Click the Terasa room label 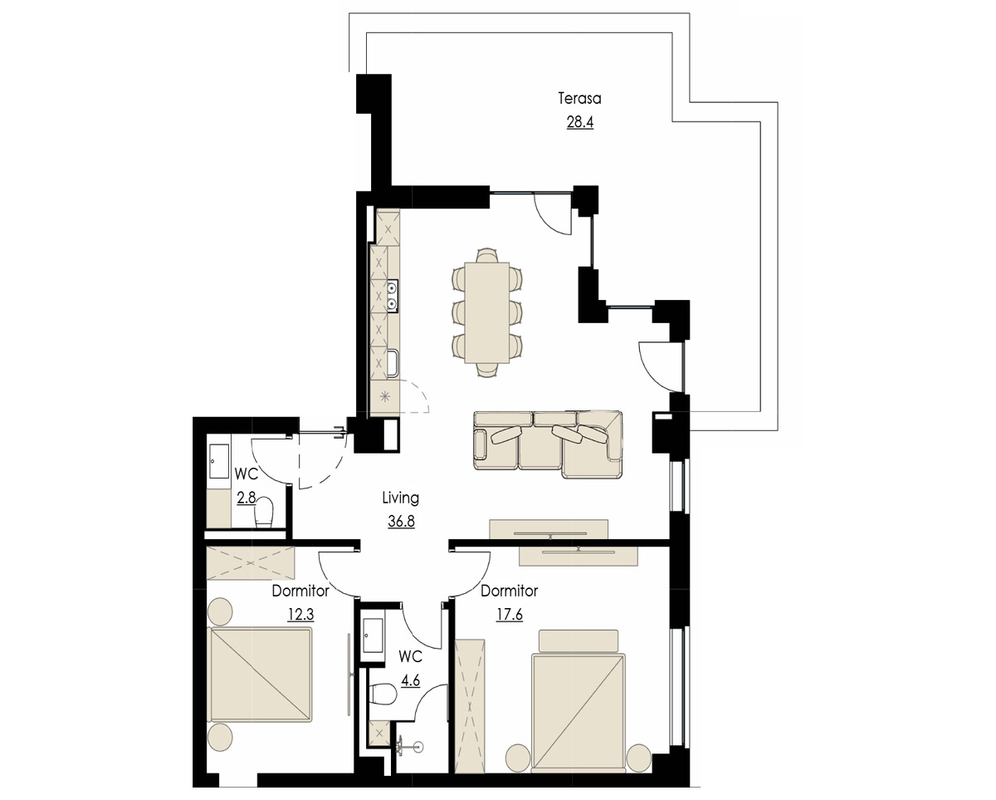point(579,99)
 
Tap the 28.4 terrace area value point(580,122)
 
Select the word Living point(401,498)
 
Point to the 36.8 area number point(401,521)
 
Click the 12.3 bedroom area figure point(300,614)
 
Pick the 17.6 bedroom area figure point(510,614)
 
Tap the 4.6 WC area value point(410,680)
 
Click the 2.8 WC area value point(247,498)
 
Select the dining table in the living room point(487,313)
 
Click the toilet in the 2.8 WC point(264,513)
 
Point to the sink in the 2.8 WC point(219,461)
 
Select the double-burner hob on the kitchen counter point(393,297)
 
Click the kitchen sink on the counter point(393,365)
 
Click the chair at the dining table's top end point(487,256)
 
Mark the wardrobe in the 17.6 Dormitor point(470,706)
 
